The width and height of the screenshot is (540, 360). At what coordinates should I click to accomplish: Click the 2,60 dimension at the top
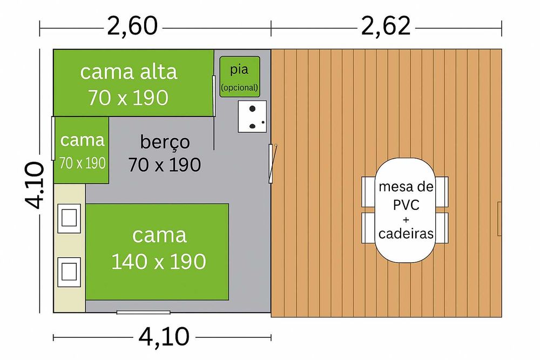click(x=132, y=26)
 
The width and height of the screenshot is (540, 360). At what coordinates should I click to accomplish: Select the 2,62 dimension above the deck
click(x=387, y=26)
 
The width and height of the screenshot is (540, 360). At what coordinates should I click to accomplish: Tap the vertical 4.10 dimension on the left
click(x=33, y=185)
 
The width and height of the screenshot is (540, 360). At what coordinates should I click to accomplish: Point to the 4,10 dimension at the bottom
click(x=164, y=337)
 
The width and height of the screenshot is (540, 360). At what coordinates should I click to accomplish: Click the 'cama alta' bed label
click(x=129, y=72)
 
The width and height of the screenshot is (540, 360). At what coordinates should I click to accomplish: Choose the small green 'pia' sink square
click(x=240, y=77)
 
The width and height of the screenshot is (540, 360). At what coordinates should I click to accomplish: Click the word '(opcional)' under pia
click(x=240, y=87)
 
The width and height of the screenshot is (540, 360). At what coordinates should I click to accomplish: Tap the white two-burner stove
click(x=253, y=117)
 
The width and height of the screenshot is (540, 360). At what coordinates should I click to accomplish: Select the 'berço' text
click(x=165, y=142)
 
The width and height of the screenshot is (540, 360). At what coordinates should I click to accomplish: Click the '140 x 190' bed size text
click(x=159, y=262)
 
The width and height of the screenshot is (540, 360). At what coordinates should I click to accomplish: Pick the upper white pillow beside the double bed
click(x=70, y=218)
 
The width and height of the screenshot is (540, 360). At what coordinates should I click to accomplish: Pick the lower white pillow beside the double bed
click(x=69, y=271)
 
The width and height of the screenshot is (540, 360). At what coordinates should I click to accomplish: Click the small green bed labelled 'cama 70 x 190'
click(x=82, y=150)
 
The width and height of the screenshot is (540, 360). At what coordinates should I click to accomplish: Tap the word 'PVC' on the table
click(x=406, y=206)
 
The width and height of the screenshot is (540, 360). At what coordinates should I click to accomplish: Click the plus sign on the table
click(x=406, y=220)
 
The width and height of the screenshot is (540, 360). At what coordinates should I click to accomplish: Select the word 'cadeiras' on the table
click(x=406, y=234)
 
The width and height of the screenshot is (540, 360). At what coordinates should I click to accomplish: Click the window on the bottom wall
click(x=144, y=312)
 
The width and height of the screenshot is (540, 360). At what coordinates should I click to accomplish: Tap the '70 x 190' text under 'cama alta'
click(x=129, y=98)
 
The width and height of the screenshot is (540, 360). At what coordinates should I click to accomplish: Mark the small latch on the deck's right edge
click(x=500, y=212)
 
